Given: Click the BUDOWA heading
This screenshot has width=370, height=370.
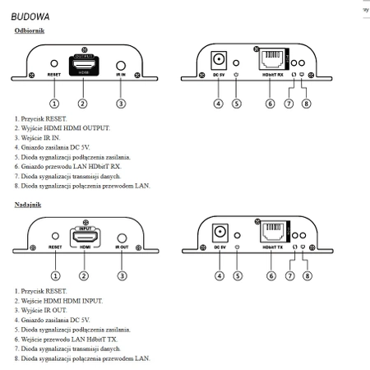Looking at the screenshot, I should [x=30, y=16].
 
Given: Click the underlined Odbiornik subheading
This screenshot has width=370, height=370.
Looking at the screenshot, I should [x=31, y=31].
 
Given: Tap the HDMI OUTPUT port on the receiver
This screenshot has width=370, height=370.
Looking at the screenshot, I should [x=81, y=64].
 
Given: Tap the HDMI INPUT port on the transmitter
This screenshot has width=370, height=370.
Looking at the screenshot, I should [x=81, y=238].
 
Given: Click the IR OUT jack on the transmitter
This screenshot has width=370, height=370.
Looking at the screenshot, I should [x=121, y=239].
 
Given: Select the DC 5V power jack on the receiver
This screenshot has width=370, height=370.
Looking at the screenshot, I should [x=220, y=61].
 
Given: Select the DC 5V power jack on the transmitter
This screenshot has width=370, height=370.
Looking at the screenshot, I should [x=220, y=235].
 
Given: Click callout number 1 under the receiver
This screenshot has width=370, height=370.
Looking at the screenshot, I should [x=54, y=103].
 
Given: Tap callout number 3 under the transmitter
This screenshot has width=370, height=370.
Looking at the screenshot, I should [x=121, y=275].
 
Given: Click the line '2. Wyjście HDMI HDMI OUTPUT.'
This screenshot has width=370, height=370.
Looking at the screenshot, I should [x=62, y=128].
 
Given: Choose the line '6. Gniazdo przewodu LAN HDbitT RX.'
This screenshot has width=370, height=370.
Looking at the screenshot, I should [x=71, y=165].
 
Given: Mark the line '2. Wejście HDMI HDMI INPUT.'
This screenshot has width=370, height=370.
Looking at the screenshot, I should [x=60, y=302].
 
